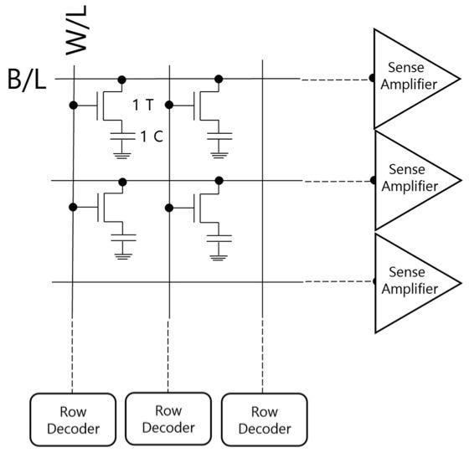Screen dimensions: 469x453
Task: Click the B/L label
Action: coord(27,80)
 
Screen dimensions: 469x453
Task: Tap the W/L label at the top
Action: coord(76,30)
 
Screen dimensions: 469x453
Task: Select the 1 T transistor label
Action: coord(143,105)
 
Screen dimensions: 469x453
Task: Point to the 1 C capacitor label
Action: coord(152,136)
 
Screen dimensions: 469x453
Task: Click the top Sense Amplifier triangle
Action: coord(415,79)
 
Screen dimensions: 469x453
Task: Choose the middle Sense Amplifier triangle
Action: coord(416,180)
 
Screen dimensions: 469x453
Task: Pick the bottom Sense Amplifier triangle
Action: coord(416,283)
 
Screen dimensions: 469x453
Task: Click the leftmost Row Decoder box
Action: coord(73,420)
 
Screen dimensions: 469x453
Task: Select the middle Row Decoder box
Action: coord(168,419)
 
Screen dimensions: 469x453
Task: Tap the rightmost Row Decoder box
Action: coord(265,420)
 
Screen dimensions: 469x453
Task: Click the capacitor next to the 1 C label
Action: coord(122,136)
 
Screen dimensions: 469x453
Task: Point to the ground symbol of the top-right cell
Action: coord(219,155)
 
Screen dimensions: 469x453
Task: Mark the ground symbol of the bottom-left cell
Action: coord(123,257)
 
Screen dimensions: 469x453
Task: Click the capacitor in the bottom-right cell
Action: coord(219,239)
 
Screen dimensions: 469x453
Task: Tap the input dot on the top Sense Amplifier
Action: coord(372,79)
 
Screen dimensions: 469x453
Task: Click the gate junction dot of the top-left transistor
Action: coord(74,106)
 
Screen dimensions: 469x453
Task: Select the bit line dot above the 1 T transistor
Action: coord(121,80)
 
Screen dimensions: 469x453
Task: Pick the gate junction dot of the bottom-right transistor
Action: coord(169,208)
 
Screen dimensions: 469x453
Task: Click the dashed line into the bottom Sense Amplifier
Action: coord(338,281)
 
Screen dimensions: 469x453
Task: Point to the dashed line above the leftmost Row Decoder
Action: coord(72,354)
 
